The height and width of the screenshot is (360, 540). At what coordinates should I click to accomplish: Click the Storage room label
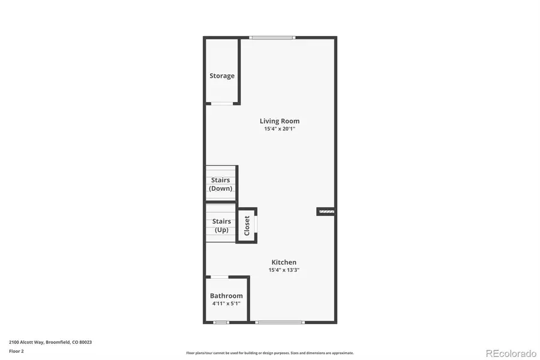pyautogui.click(x=222, y=76)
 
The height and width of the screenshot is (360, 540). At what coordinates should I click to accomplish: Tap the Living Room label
pyautogui.click(x=279, y=121)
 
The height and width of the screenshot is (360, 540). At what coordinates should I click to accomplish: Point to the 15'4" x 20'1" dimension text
pyautogui.click(x=279, y=129)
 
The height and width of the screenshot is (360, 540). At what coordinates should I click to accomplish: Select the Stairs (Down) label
pyautogui.click(x=221, y=184)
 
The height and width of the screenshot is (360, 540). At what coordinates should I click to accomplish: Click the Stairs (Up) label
pyautogui.click(x=221, y=226)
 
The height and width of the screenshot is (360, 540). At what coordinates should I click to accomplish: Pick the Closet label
pyautogui.click(x=247, y=225)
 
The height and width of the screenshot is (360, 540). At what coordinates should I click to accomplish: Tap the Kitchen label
pyautogui.click(x=284, y=262)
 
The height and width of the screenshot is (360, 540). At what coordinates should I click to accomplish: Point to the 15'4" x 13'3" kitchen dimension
pyautogui.click(x=284, y=270)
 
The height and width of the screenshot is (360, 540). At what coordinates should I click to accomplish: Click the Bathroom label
pyautogui.click(x=226, y=296)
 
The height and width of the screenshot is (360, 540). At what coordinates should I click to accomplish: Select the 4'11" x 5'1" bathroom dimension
pyautogui.click(x=226, y=304)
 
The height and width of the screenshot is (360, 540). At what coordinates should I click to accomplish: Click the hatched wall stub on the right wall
pyautogui.click(x=326, y=211)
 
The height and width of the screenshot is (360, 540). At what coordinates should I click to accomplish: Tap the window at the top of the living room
pyautogui.click(x=272, y=38)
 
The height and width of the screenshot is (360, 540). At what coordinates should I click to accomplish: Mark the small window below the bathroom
pyautogui.click(x=221, y=323)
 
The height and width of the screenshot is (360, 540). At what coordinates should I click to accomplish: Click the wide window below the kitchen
pyautogui.click(x=279, y=323)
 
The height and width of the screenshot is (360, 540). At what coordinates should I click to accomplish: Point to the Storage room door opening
pyautogui.click(x=221, y=103)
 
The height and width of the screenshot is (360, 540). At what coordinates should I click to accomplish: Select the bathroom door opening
pyautogui.click(x=220, y=277)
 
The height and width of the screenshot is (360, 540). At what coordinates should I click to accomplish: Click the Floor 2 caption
pyautogui.click(x=16, y=351)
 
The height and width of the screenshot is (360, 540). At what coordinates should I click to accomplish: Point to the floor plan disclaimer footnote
pyautogui.click(x=269, y=353)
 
